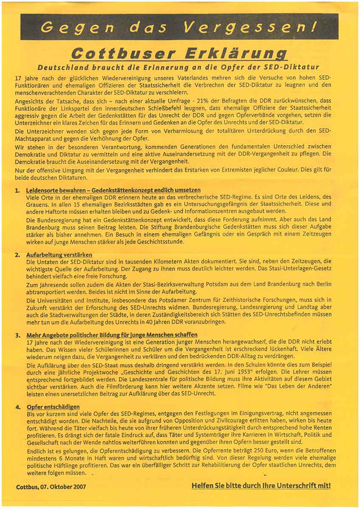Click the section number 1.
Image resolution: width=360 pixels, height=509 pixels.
pos(17,190)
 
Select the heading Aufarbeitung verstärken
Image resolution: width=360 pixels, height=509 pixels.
pos(59,255)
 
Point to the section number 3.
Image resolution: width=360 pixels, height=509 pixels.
pos(17,335)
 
